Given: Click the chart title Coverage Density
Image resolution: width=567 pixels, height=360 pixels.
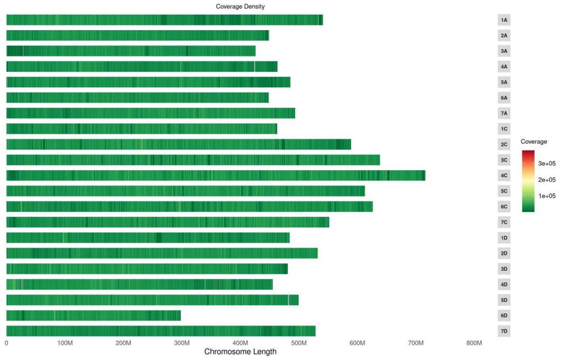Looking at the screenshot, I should [240, 6].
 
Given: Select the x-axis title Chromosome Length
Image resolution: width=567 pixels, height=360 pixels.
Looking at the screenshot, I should [240, 352].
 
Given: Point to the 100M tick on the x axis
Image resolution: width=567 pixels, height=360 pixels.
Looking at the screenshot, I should [65, 343].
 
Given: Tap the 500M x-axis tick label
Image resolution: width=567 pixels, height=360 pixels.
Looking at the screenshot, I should [299, 343].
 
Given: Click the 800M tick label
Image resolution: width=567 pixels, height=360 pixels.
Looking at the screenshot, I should [474, 343].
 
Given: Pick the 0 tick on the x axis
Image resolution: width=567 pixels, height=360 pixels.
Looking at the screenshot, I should [6, 343].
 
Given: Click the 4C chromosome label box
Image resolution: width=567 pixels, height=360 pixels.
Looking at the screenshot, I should [504, 176].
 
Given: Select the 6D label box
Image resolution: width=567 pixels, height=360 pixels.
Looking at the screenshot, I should [504, 316].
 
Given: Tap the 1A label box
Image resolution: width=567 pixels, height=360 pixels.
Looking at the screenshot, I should [504, 20].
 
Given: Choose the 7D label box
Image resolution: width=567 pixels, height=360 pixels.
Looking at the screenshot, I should [504, 331].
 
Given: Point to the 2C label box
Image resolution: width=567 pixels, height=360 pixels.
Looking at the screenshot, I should [504, 144].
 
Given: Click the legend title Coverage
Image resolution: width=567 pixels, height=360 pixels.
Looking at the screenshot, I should [534, 142].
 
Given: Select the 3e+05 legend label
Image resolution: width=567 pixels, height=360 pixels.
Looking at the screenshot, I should [547, 164].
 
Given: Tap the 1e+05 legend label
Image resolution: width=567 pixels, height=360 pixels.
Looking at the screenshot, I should [547, 196].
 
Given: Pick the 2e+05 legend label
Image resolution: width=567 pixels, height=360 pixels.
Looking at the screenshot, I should [547, 180].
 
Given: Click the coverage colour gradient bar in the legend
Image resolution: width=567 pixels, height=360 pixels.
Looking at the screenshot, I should [528, 181].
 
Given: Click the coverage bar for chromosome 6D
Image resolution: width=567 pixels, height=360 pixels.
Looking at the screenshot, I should [94, 316].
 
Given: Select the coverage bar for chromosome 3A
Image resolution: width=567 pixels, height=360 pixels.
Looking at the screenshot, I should [131, 51].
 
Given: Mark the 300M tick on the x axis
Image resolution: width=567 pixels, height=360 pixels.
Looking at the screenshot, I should [181, 343].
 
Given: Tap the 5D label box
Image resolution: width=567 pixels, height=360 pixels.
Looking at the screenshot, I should [504, 300].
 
